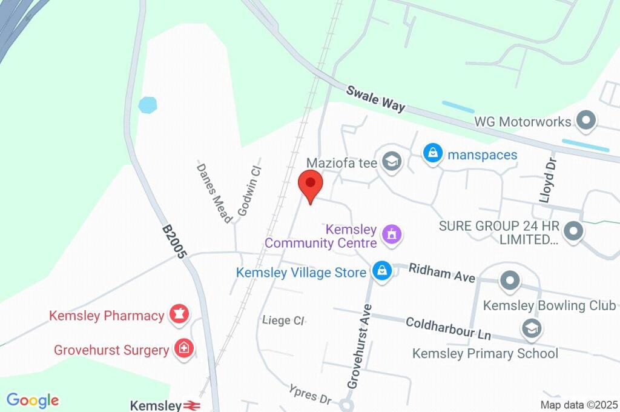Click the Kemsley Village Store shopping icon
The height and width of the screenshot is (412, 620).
381,271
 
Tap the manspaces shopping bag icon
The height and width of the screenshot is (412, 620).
433,153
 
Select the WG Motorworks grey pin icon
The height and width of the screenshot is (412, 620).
585,121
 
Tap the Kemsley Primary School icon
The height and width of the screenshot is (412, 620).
531,329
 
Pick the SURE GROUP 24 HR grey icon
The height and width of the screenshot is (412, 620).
572,231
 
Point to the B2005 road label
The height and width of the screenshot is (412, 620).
173,242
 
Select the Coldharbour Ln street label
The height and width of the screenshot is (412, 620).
448,328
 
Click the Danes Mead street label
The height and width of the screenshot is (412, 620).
214,191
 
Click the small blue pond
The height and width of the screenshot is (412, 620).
147,105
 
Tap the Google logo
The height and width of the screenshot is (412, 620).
33,400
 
